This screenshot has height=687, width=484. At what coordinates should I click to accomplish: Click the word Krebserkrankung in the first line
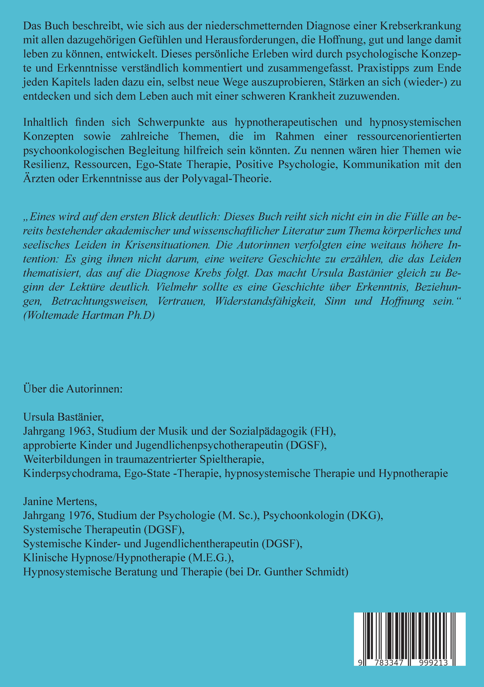point(421,26)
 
